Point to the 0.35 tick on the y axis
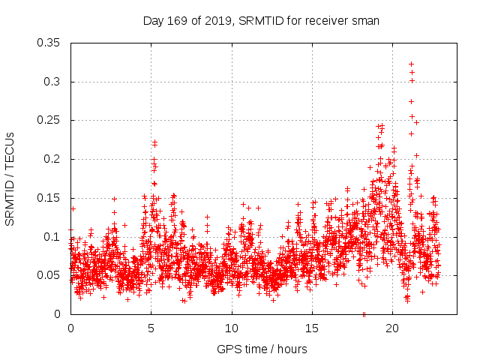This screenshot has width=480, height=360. (x=49, y=43)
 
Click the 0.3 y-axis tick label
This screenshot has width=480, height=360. (x=52, y=82)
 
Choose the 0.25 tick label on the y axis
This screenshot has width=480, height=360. (x=49, y=120)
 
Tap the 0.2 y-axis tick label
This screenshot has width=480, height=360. (x=52, y=159)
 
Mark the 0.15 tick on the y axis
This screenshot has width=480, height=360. (x=49, y=198)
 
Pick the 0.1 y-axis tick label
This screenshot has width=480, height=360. (x=52, y=237)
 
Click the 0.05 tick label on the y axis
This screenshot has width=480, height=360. (x=49, y=275)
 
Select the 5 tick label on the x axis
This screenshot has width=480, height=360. (x=151, y=328)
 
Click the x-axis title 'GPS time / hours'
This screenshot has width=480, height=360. (x=261, y=349)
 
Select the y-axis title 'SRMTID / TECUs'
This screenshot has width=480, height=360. (x=10, y=178)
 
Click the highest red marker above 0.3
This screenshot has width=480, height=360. (x=411, y=64)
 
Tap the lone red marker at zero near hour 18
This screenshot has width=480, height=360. (x=364, y=314)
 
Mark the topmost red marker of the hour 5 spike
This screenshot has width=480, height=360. (x=154, y=141)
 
